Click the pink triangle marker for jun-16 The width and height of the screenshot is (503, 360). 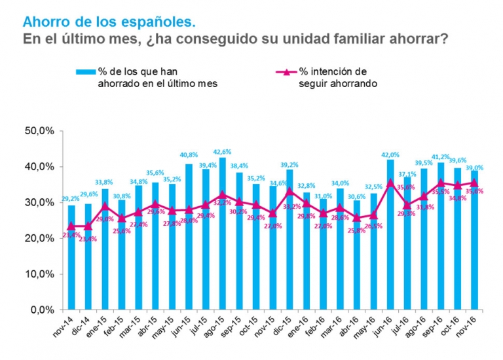[x=391, y=183]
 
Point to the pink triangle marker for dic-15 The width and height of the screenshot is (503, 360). [x=289, y=191]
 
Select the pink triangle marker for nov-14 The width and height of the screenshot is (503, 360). [x=71, y=226]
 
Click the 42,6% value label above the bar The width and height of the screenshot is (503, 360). [x=223, y=151]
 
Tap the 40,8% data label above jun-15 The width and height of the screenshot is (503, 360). [x=189, y=155]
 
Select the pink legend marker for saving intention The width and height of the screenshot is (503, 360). [x=284, y=71]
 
